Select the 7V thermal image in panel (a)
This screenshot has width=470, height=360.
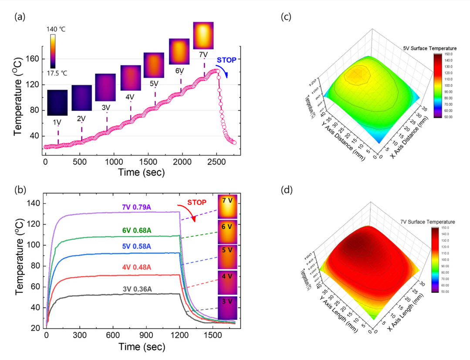[x=203, y=35]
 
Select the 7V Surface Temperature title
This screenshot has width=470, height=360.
[x=430, y=222]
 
